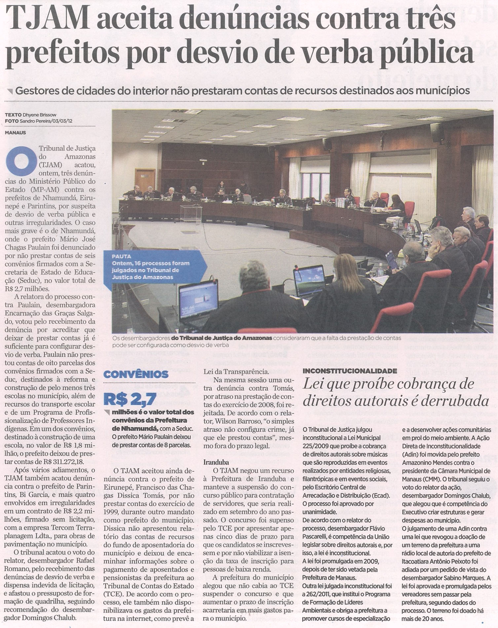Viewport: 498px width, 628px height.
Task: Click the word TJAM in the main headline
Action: (x=48, y=19)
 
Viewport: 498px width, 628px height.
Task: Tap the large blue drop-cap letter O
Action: (x=21, y=161)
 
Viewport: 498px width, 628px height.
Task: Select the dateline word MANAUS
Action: (x=16, y=133)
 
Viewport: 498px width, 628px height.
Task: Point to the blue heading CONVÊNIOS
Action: (x=136, y=374)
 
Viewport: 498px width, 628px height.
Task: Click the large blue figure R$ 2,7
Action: (x=130, y=399)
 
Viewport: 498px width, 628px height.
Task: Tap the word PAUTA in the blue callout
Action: (x=121, y=256)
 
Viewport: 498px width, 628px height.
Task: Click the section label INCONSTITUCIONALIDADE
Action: (x=350, y=371)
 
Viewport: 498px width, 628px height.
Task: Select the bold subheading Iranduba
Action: (x=216, y=462)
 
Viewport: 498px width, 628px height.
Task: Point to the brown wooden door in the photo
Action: (x=145, y=180)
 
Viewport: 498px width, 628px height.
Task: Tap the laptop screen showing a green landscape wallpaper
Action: (x=310, y=279)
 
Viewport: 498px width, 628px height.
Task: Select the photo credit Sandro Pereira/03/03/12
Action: (x=46, y=121)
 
